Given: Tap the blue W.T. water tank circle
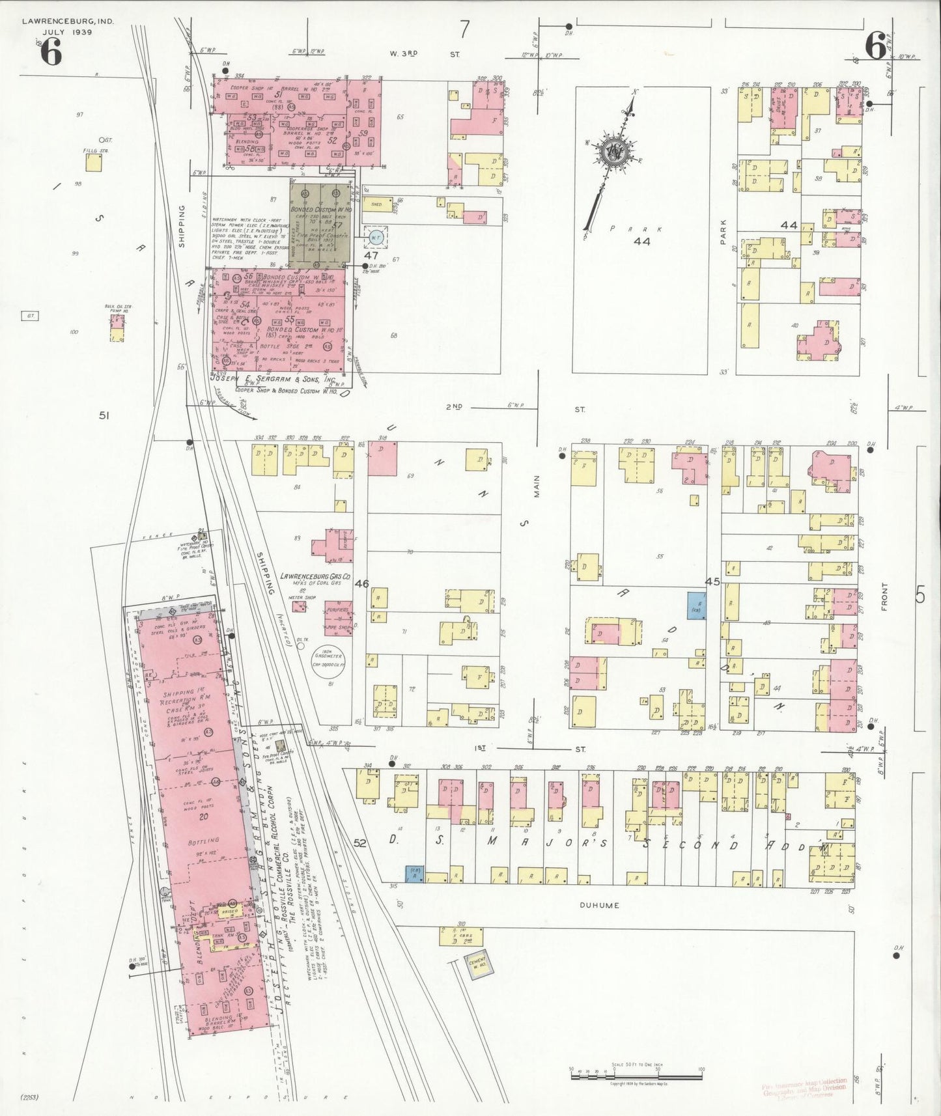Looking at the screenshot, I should tap(376, 237).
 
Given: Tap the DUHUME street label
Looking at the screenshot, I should tap(597, 906).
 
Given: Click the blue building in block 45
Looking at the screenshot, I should tap(697, 606).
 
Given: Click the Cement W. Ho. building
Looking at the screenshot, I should tap(480, 966).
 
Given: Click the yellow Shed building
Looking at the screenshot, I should tap(377, 204).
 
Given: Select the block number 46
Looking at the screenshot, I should tap(361, 583).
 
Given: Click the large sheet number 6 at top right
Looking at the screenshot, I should tap(875, 47).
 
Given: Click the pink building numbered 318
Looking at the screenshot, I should tap(382, 458).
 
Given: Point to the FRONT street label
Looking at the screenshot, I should tap(884, 596).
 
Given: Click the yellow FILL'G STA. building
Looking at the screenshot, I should tap(94, 162).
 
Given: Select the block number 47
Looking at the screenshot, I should tap(371, 256).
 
